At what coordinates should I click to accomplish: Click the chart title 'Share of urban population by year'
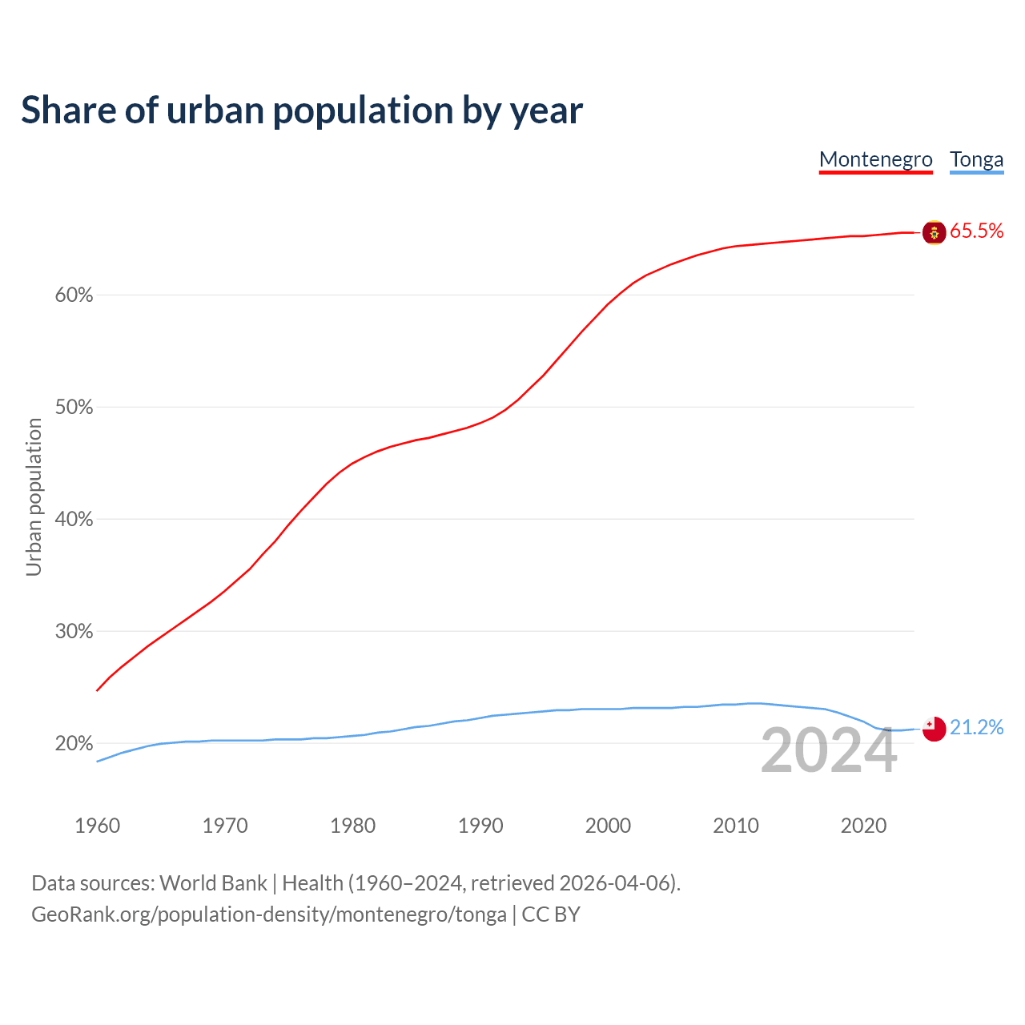coord(302,111)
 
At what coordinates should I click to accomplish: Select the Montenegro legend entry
coord(875,159)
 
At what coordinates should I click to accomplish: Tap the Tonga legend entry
coord(976,159)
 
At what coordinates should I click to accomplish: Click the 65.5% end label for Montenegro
coord(976,231)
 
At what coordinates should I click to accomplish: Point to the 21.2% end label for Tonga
coord(976,727)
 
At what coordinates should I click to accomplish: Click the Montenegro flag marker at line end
coord(934,232)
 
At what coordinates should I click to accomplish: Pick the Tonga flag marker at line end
coord(934,729)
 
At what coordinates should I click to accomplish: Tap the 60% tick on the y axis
coord(74,295)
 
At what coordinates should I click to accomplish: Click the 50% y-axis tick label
coord(74,408)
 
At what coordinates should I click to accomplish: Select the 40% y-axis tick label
coord(74,520)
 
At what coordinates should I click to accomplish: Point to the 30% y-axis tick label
coord(74,632)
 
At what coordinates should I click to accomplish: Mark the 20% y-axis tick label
coord(74,744)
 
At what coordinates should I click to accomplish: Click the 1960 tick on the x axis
coord(97,826)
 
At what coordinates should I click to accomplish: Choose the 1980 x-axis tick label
coord(352,826)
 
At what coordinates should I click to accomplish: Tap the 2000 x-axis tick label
coord(608,826)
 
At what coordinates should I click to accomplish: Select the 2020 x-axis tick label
coord(863,826)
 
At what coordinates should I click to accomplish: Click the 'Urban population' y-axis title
coord(34,497)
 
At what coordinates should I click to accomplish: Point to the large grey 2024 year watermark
coord(828,751)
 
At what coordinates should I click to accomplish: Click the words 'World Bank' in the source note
coord(213,883)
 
